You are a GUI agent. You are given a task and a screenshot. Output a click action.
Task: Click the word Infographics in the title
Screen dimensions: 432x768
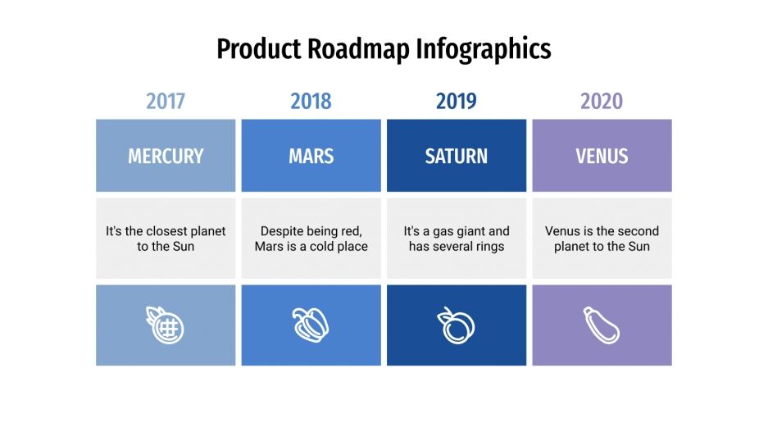click(x=484, y=49)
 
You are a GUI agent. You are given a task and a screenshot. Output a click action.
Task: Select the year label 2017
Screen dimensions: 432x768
click(x=166, y=102)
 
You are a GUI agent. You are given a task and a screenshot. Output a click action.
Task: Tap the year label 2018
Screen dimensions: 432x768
click(x=311, y=102)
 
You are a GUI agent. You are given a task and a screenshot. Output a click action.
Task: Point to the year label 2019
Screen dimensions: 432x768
click(x=457, y=102)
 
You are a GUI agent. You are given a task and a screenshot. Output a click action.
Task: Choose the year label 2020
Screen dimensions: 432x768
click(x=602, y=102)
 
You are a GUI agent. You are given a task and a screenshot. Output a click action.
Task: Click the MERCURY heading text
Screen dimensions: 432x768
click(x=166, y=156)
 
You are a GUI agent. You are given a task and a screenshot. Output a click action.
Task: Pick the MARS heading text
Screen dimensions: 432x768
click(x=311, y=156)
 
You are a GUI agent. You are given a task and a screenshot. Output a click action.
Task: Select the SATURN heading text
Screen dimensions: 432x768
click(x=457, y=156)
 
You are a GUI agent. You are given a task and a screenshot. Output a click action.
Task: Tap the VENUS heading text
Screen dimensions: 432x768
click(x=602, y=156)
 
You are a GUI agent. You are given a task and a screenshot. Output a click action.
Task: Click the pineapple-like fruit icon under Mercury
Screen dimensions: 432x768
click(x=166, y=325)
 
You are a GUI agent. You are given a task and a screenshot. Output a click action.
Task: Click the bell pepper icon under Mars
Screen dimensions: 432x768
click(x=311, y=325)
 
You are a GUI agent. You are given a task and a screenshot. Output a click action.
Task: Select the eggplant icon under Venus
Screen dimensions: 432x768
click(x=602, y=325)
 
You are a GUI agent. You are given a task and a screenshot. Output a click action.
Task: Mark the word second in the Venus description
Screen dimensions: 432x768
click(x=638, y=231)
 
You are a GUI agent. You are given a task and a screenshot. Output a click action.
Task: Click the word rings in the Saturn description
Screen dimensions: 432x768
click(x=488, y=247)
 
